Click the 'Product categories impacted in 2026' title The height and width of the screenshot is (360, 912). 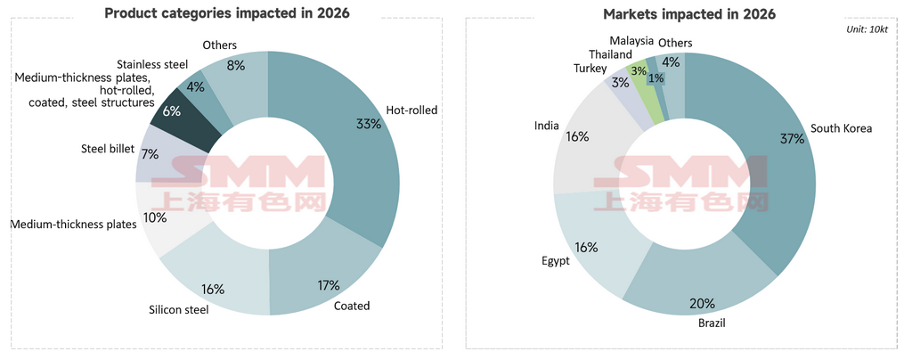227,13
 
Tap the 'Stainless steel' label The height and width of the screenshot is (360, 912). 152,64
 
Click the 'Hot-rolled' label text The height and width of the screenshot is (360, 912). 411,110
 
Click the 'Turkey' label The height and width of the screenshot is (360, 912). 590,69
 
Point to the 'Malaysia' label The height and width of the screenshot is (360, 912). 631,41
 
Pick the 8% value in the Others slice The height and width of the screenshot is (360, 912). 236,64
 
